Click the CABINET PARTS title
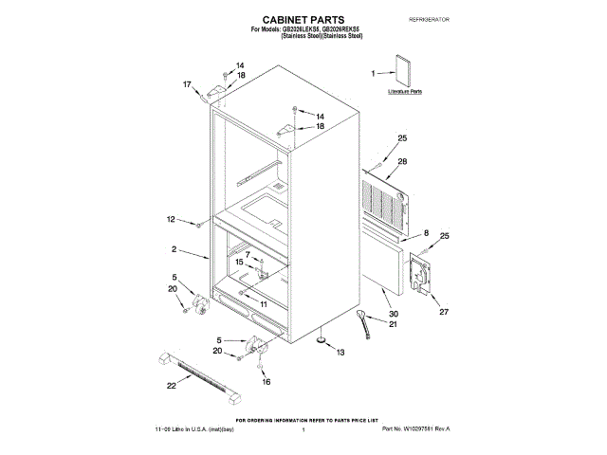[x=303, y=19]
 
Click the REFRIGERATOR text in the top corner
[x=428, y=19]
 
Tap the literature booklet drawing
[x=403, y=74]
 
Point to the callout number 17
[x=187, y=84]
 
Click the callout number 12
[x=172, y=219]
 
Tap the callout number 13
[x=340, y=353]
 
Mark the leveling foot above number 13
[x=322, y=337]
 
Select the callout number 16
[x=266, y=381]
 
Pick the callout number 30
[x=395, y=314]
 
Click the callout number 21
[x=395, y=325]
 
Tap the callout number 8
[x=426, y=233]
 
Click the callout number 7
[x=248, y=254]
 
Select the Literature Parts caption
[x=405, y=92]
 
